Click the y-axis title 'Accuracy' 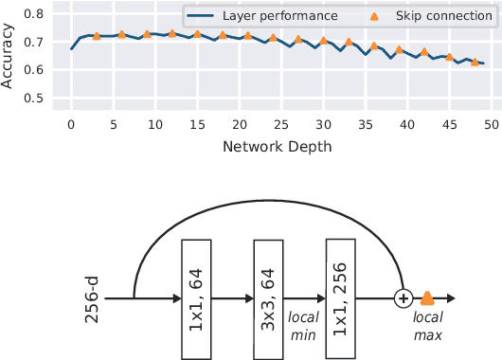[x=9, y=57]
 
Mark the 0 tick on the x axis [x=71, y=123]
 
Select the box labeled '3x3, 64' [x=269, y=299]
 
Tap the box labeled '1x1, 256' [x=341, y=299]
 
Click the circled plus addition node [x=403, y=298]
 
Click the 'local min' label [x=305, y=324]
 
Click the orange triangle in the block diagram [x=428, y=298]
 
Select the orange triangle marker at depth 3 [x=97, y=36]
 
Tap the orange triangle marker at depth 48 [x=475, y=62]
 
